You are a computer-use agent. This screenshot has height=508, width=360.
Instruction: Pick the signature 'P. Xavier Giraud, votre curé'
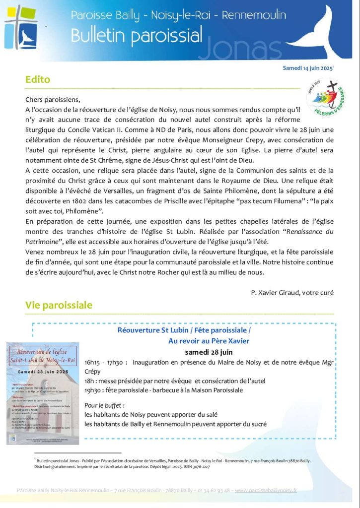[292, 292]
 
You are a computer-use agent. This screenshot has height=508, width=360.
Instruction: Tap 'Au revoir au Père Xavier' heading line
[209, 341]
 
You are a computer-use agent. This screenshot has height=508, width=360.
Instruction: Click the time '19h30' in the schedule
[93, 390]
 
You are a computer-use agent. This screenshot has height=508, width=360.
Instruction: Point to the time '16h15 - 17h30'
[105, 362]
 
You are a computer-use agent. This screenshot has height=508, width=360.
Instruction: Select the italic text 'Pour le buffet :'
[104, 405]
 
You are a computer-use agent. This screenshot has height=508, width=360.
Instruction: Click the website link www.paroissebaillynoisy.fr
[266, 490]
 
